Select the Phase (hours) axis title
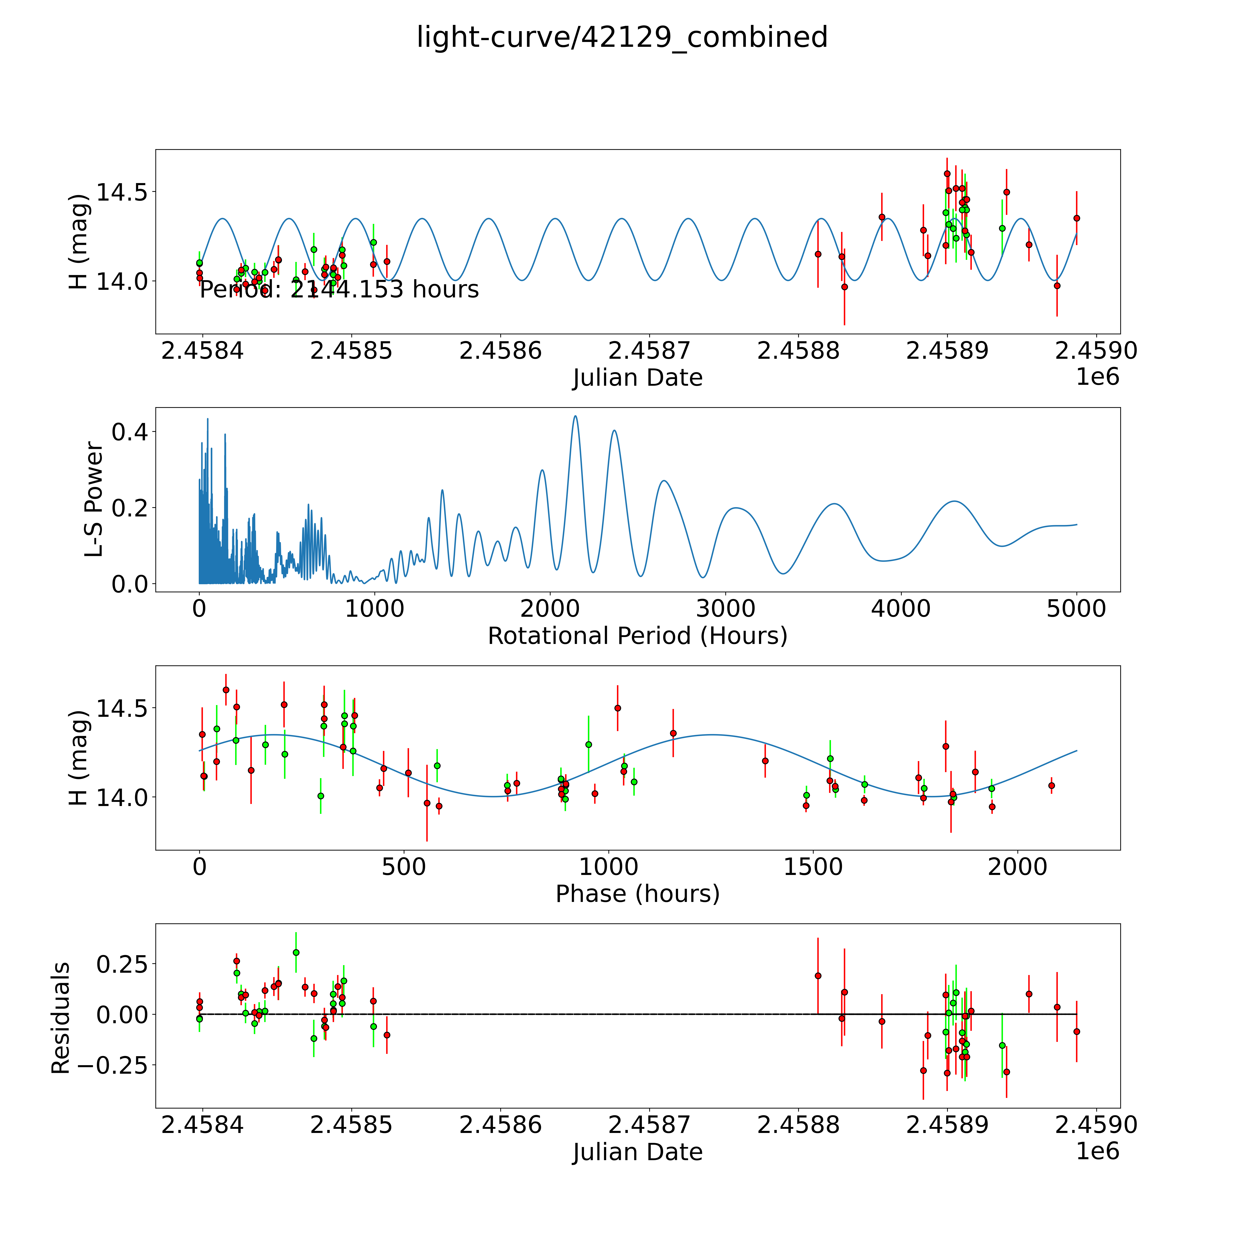coord(637,894)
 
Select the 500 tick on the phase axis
coord(404,867)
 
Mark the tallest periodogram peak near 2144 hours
coord(575,416)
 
